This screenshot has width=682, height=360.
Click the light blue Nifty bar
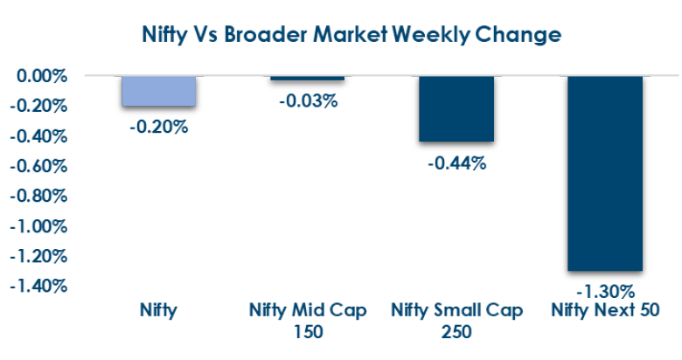tap(158, 91)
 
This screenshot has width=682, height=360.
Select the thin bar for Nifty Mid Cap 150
tap(307, 79)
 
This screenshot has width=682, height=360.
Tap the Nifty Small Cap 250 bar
tap(456, 108)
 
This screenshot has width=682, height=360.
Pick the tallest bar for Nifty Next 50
tap(605, 173)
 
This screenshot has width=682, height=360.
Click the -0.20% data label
tap(159, 127)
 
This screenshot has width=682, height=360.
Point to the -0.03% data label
tap(308, 100)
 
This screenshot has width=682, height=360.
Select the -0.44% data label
tap(456, 163)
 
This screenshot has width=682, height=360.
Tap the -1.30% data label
tap(605, 290)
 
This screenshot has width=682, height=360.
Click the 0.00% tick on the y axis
tap(42, 77)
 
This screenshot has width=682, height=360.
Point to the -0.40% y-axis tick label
tap(39, 136)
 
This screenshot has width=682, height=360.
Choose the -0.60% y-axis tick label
tap(39, 166)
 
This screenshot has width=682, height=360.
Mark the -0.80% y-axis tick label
tap(39, 196)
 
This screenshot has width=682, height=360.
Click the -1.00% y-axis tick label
tap(39, 226)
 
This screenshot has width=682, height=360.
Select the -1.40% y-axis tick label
tap(39, 286)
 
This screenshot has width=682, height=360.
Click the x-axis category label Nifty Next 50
tap(604, 309)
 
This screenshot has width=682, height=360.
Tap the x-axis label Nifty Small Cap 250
tap(456, 320)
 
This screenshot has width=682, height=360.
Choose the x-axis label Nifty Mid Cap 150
tap(307, 320)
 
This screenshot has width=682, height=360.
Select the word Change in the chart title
tap(516, 36)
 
